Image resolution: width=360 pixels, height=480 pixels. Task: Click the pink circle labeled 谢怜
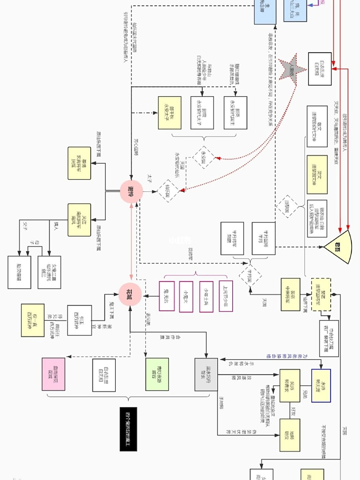(x=131, y=192)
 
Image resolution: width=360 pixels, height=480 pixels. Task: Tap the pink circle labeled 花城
(x=130, y=294)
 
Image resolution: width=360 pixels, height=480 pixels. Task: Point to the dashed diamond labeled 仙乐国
(x=168, y=191)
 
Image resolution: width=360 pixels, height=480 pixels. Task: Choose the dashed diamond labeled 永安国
(x=204, y=157)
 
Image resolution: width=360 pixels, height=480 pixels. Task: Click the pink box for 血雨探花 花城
(x=54, y=374)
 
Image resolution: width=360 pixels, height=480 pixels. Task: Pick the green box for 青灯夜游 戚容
(x=157, y=374)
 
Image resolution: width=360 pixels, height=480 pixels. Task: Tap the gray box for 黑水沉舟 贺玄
(x=206, y=374)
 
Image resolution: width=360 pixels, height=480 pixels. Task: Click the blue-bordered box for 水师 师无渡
(x=321, y=385)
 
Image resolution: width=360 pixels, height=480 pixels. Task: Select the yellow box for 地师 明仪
(x=290, y=435)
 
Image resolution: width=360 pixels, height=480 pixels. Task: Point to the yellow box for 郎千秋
(x=169, y=113)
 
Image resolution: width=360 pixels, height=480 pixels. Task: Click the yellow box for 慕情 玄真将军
(x=79, y=163)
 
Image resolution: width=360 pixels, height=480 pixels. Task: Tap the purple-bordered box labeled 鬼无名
(x=167, y=296)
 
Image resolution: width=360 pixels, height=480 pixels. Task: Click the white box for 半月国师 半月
(x=264, y=238)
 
